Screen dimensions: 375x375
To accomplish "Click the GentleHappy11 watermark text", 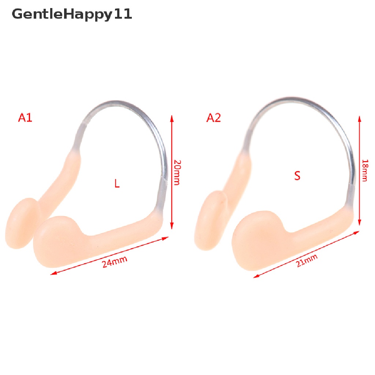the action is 72,15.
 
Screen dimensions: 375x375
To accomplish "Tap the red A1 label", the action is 25,118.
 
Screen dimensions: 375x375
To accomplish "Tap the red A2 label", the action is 214,118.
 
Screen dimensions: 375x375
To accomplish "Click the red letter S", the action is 297,176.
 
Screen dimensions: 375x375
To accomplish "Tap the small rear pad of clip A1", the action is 23,223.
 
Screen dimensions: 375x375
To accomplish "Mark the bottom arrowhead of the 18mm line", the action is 360,223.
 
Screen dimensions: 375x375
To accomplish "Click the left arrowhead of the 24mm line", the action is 53,273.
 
